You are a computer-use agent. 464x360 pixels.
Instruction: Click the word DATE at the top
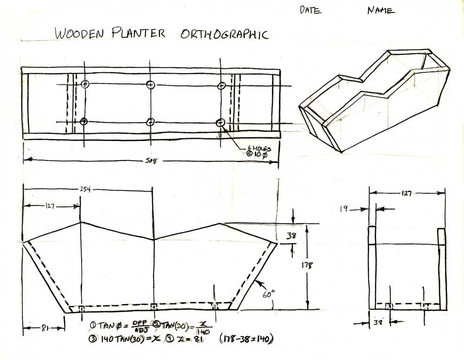(310, 10)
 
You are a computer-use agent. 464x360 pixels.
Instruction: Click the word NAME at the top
(381, 10)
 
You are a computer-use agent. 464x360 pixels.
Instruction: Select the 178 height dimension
(308, 265)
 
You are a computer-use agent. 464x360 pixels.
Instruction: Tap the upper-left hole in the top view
(84, 84)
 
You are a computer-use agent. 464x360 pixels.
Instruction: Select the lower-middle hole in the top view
(150, 122)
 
